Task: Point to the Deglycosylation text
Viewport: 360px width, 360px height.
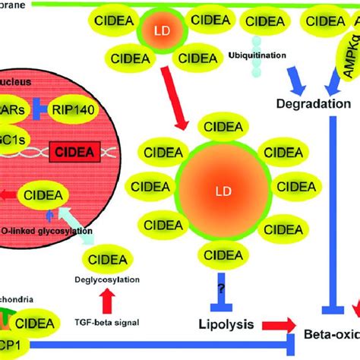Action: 106,280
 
